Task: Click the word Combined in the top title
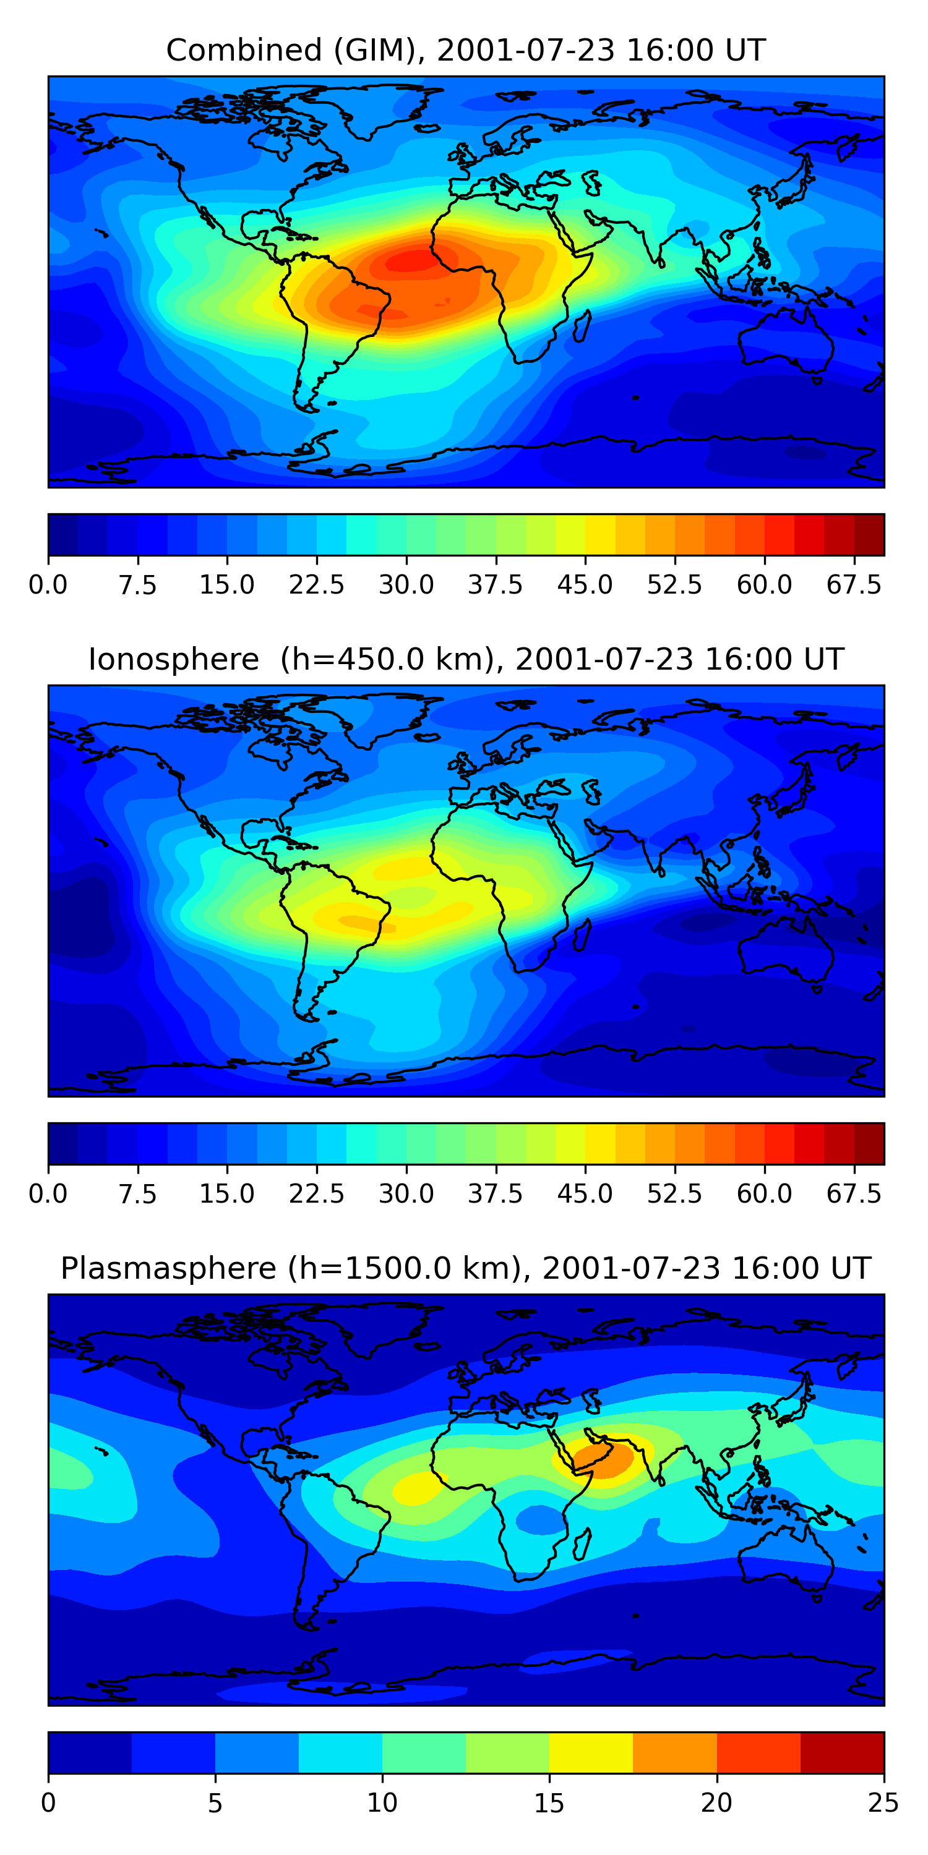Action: [x=244, y=51]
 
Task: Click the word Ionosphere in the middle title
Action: [x=173, y=660]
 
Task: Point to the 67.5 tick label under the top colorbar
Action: [x=854, y=585]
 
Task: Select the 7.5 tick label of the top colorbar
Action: [x=137, y=585]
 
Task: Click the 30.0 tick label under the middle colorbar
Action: [x=406, y=1193]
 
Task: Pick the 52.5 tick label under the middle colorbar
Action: [x=674, y=1193]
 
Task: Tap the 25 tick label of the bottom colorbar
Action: [x=883, y=1802]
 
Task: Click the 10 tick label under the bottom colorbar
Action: [x=382, y=1802]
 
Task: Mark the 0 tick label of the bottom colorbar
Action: [x=48, y=1802]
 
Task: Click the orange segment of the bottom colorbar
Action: [x=674, y=1752]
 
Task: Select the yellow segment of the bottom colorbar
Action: [x=591, y=1752]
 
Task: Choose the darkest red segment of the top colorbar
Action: [x=869, y=534]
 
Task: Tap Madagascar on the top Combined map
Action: [x=583, y=325]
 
